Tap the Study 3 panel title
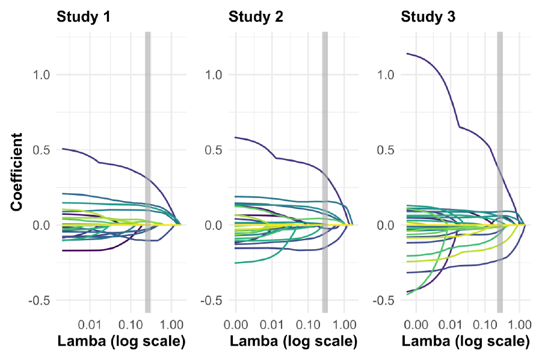coord(428,17)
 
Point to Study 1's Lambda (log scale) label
coord(121,342)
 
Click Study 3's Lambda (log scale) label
coord(466,342)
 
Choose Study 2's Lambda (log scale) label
coord(293,342)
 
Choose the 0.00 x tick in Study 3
coord(416,324)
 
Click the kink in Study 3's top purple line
coord(460,127)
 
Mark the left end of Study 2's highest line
coord(235,137)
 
